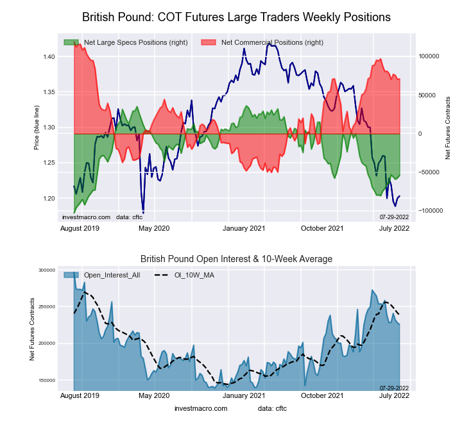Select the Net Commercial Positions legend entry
[272, 42]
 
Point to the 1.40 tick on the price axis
[49, 57]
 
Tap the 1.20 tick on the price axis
[49, 198]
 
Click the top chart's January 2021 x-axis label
[244, 228]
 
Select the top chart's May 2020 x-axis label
[154, 228]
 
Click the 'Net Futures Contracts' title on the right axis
[448, 128]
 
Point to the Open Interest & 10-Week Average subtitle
[236, 259]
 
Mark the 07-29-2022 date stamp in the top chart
[394, 217]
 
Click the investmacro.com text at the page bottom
[201, 408]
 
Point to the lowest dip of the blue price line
[143, 212]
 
